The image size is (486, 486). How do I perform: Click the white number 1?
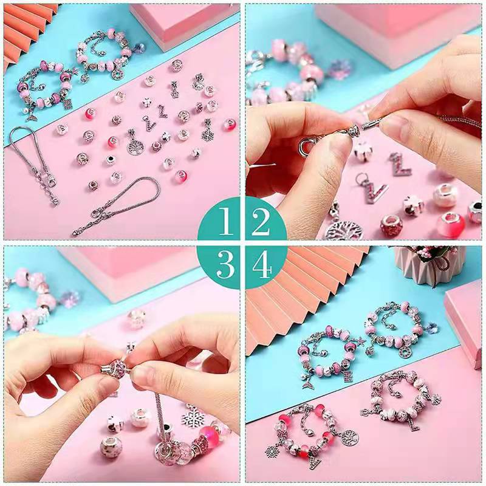225,221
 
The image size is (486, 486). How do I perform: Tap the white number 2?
261,221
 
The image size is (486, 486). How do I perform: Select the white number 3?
225,264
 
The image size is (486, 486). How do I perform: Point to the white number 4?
262,264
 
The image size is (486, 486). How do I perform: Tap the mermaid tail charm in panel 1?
31,115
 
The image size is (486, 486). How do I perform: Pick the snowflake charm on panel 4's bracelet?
272,450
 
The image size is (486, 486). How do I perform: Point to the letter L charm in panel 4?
412,422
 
